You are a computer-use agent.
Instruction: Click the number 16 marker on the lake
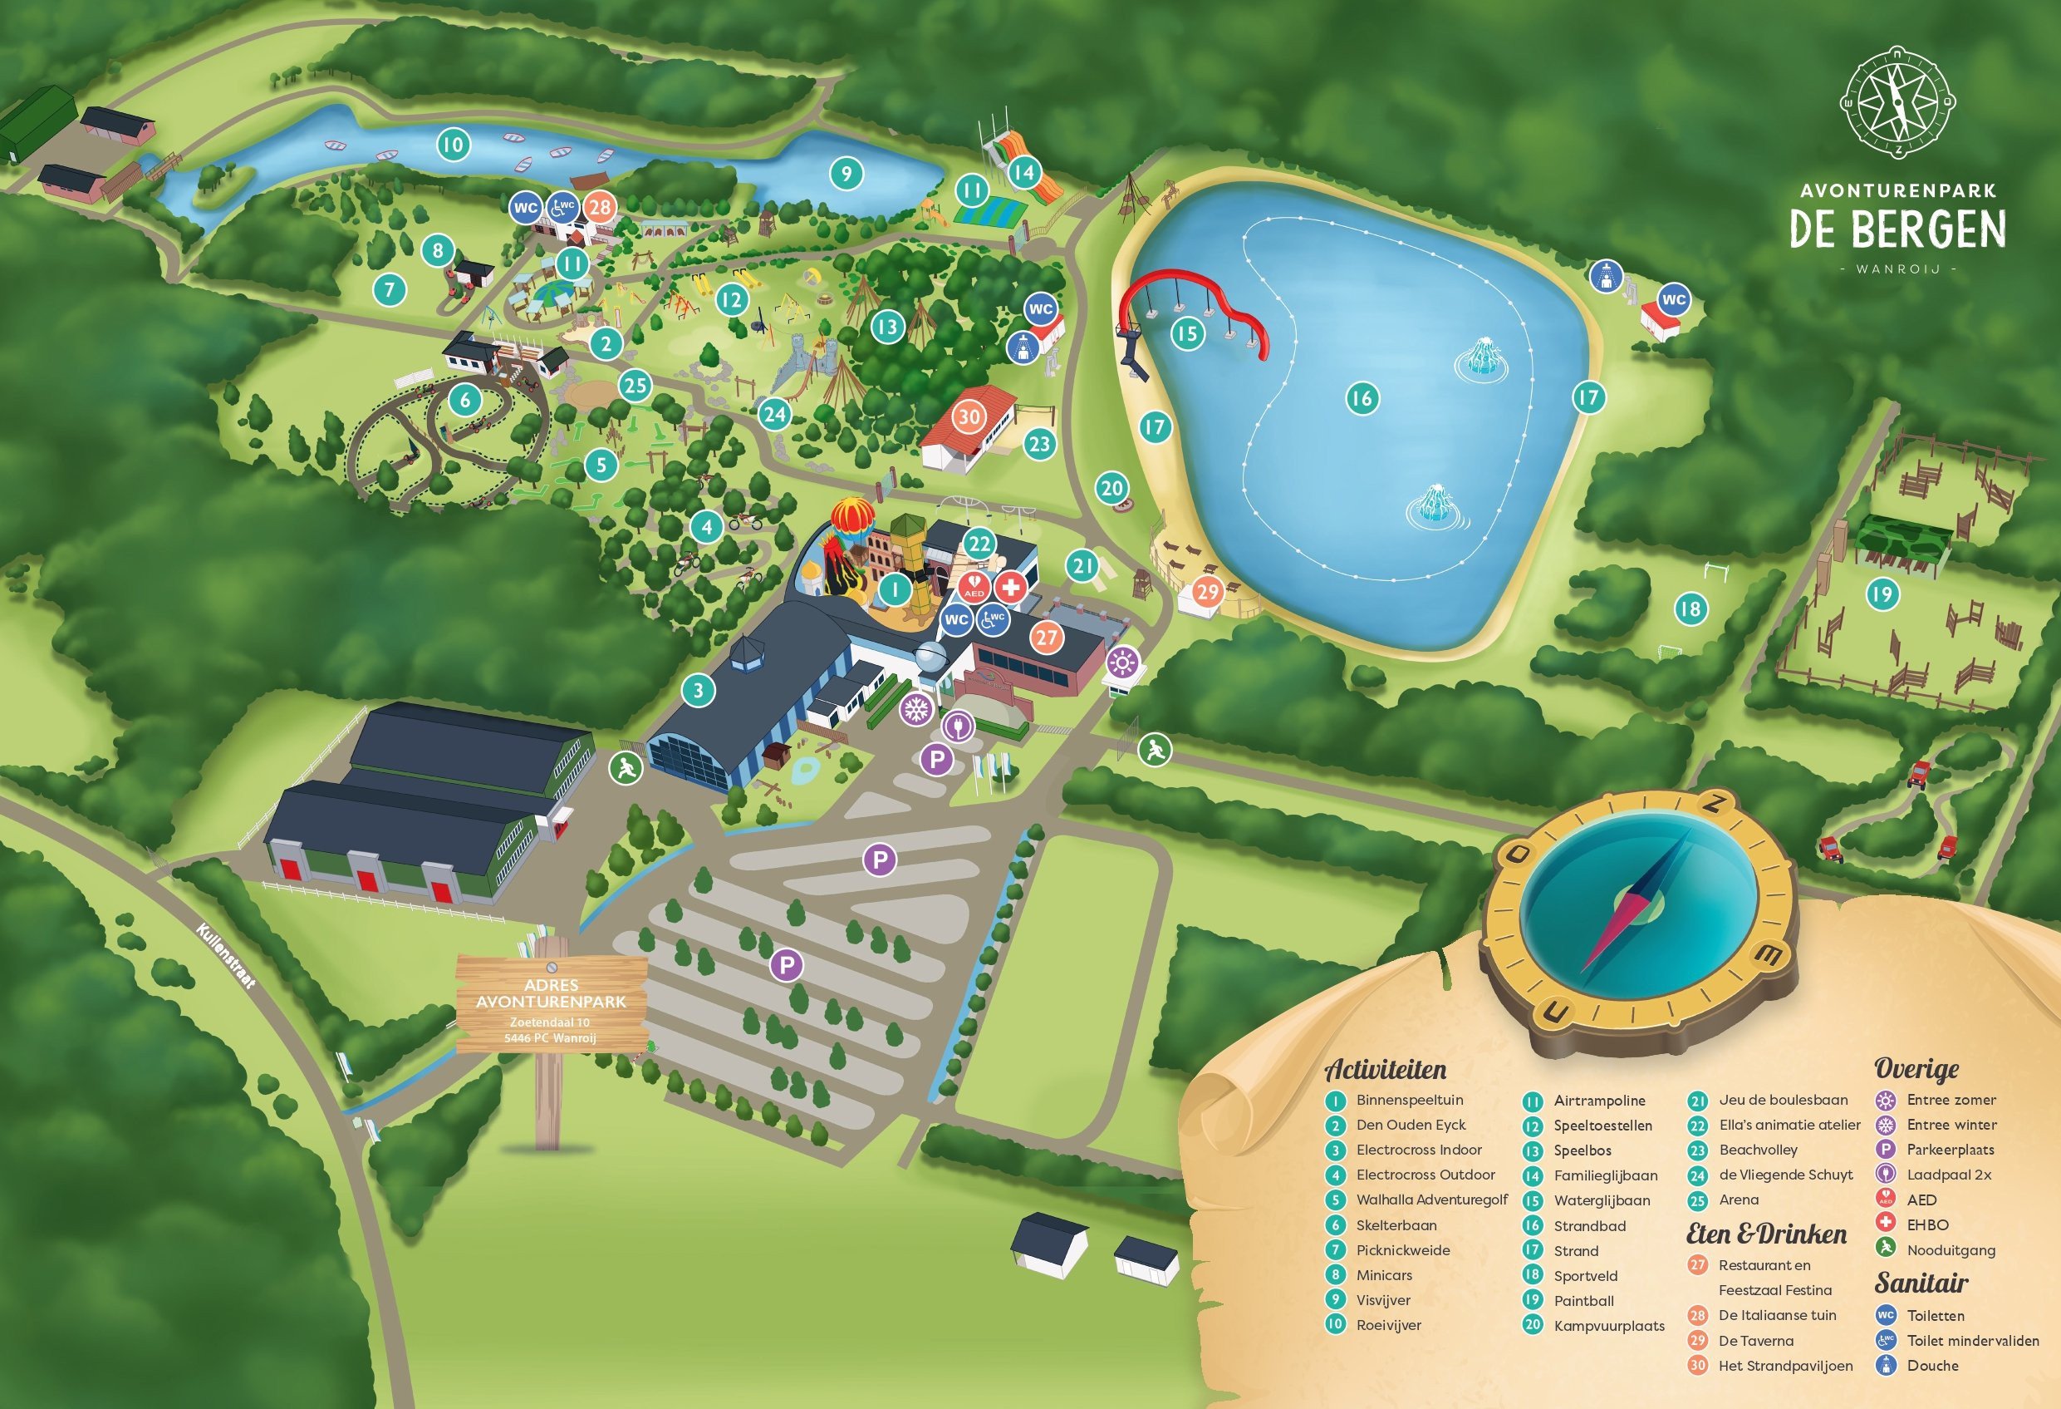[x=1362, y=397]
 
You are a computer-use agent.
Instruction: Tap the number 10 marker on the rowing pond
[x=454, y=145]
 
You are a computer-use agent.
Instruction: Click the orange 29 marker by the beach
[x=1207, y=591]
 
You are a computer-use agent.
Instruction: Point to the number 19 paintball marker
[x=1882, y=594]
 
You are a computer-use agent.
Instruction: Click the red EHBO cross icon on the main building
[x=1010, y=585]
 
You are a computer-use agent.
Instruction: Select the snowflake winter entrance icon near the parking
[x=916, y=709]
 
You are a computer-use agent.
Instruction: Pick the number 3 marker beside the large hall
[x=699, y=690]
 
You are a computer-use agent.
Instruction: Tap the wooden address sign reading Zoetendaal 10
[x=551, y=1012]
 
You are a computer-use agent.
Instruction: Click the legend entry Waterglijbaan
[x=1602, y=1200]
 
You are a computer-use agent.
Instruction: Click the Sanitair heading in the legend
[x=1921, y=1283]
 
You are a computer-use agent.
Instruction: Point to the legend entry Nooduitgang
[x=1951, y=1250]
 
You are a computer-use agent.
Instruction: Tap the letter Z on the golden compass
[x=1714, y=805]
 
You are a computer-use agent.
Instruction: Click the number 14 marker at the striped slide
[x=1024, y=171]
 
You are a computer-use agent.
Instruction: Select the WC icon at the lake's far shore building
[x=1673, y=299]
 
